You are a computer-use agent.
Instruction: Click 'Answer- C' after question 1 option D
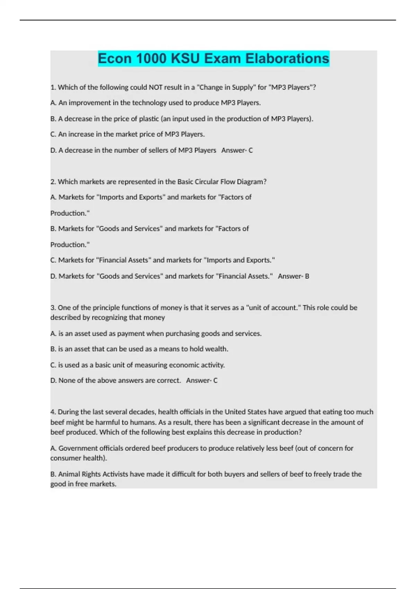pyautogui.click(x=237, y=150)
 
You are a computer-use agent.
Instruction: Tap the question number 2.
pyautogui.click(x=53, y=182)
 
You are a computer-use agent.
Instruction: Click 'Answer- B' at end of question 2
pyautogui.click(x=293, y=276)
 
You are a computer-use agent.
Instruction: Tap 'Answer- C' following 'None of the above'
pyautogui.click(x=202, y=381)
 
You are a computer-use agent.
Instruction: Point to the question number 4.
pyautogui.click(x=53, y=412)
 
